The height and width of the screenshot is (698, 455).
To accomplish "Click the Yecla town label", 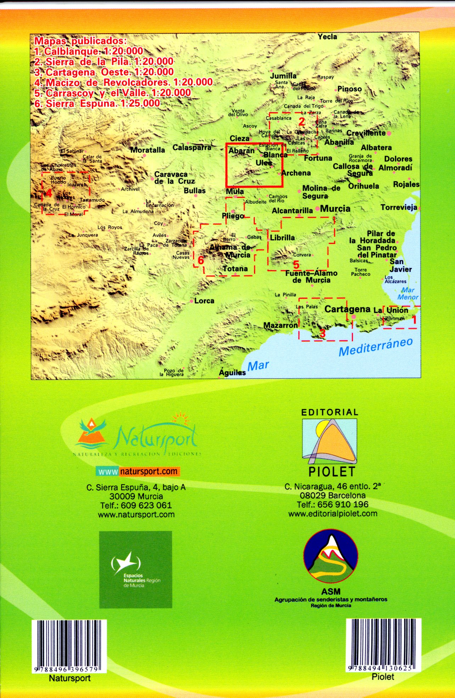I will pyautogui.click(x=327, y=37).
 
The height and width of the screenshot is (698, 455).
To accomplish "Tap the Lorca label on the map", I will pyautogui.click(x=204, y=301).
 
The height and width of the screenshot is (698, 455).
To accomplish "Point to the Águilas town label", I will pyautogui.click(x=232, y=372).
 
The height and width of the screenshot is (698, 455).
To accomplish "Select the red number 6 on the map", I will pyautogui.click(x=201, y=261).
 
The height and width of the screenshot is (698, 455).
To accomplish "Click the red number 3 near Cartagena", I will pyautogui.click(x=322, y=333).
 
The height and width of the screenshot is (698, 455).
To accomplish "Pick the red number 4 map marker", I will pyautogui.click(x=49, y=193).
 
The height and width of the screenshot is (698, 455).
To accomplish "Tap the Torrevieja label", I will pyautogui.click(x=399, y=207).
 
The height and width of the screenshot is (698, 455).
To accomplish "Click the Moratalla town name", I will pyautogui.click(x=147, y=150).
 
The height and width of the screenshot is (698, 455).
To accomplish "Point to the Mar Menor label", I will pyautogui.click(x=408, y=294).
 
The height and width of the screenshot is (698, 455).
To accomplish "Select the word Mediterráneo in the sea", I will pyautogui.click(x=376, y=347).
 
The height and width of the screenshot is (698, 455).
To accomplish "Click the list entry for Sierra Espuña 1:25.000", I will pyautogui.click(x=97, y=103).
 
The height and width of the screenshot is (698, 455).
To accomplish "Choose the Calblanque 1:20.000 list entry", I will pyautogui.click(x=89, y=51).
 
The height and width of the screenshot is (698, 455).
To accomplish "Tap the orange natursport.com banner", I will pyautogui.click(x=138, y=471).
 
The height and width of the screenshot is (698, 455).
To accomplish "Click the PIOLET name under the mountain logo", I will pyautogui.click(x=332, y=472).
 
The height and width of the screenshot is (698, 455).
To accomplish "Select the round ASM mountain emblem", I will pyautogui.click(x=331, y=557).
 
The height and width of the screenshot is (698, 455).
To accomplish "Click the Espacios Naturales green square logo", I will pyautogui.click(x=135, y=570).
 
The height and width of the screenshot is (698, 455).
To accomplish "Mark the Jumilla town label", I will pyautogui.click(x=283, y=76).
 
